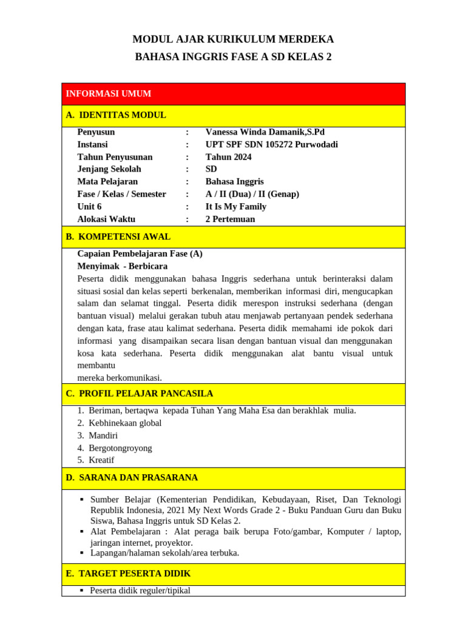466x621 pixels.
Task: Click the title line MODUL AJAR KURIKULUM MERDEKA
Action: [x=233, y=39]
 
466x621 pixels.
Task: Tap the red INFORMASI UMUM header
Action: [x=109, y=93]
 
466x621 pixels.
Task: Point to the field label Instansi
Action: [x=92, y=144]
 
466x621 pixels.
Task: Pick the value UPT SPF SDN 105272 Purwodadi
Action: [x=272, y=144]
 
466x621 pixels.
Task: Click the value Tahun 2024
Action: [x=228, y=157]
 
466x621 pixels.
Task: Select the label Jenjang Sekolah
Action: [x=109, y=169]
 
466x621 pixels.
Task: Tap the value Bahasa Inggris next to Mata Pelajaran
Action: [x=235, y=181]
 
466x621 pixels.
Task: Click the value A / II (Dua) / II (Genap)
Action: [x=252, y=194]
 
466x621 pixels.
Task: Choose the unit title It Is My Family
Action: [x=236, y=206]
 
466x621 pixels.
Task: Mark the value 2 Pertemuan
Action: [x=231, y=219]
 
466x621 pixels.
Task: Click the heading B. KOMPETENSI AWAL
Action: [x=118, y=237]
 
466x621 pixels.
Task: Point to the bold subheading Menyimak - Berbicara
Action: [x=123, y=266]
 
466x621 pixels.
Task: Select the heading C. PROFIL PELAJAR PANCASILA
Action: [x=139, y=394]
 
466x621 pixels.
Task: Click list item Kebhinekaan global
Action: [x=125, y=423]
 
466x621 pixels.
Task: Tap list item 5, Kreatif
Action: [x=101, y=460]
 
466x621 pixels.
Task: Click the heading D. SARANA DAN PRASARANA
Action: [x=132, y=478]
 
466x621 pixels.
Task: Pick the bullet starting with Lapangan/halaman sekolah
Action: [x=164, y=553]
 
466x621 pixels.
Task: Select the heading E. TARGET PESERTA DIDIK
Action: [x=128, y=574]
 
